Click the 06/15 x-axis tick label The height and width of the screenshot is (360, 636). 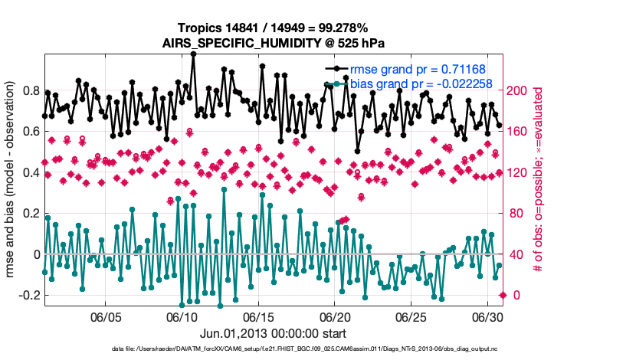click(258, 316)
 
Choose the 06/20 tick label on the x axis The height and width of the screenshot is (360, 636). click(334, 316)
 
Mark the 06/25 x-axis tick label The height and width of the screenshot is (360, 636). click(411, 316)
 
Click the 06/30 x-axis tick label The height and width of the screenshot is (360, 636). click(487, 316)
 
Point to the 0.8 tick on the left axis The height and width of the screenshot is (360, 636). click(31, 90)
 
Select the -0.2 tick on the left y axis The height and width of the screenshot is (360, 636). click(28, 295)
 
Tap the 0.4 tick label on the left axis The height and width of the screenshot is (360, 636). click(31, 172)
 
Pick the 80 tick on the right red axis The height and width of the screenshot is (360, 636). click(514, 213)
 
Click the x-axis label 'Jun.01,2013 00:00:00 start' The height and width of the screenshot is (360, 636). click(272, 333)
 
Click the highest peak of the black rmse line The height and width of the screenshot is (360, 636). click(193, 54)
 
